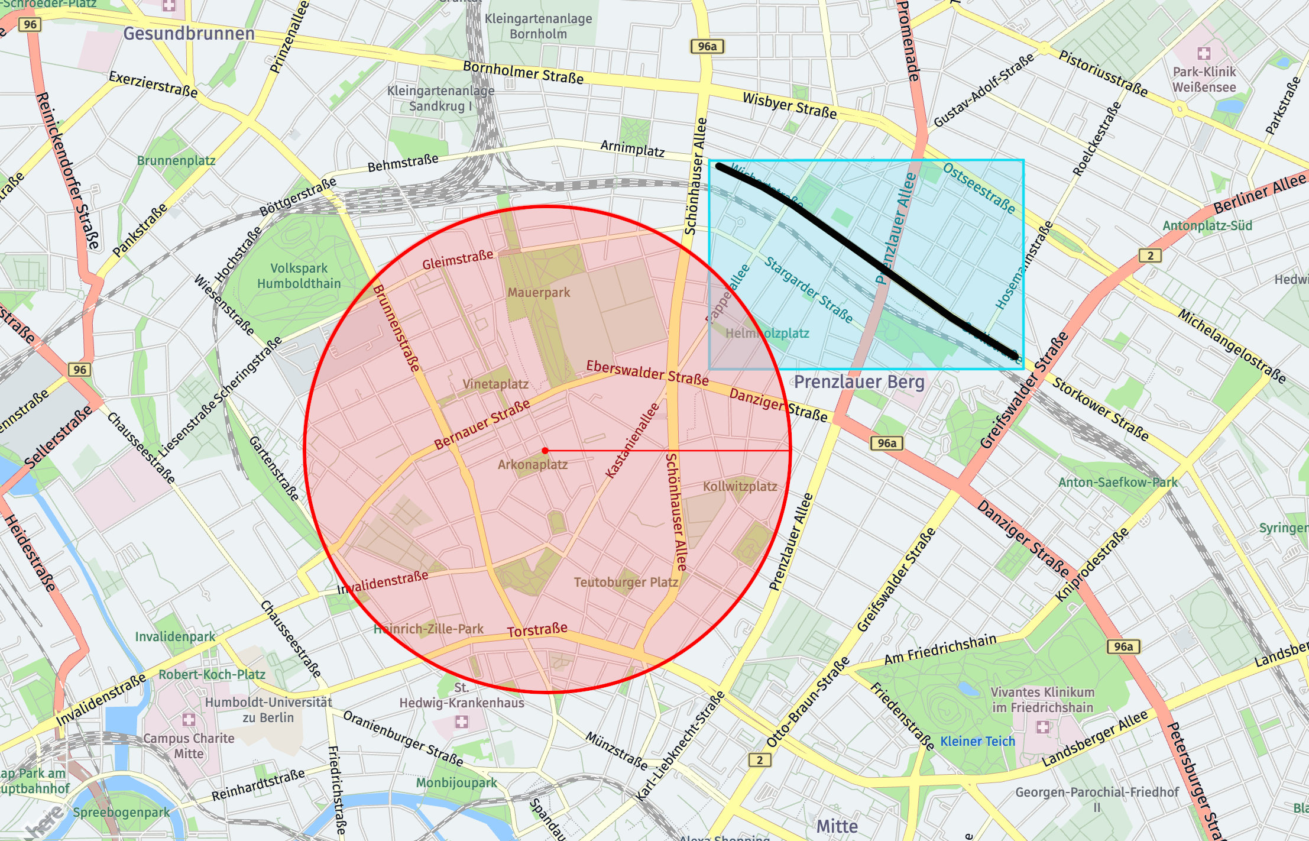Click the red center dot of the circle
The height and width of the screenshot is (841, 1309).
tap(545, 451)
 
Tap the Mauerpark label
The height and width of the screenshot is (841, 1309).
tap(539, 292)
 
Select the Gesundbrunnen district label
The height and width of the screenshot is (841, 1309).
tap(189, 34)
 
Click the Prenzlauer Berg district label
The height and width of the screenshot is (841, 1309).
tap(859, 382)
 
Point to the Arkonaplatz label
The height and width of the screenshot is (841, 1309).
tap(532, 465)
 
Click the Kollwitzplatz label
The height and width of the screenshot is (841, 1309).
tap(740, 487)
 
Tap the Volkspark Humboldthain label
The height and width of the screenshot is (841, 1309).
tap(299, 276)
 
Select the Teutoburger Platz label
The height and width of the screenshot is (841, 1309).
tap(626, 583)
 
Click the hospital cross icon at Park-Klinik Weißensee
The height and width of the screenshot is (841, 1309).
tap(1203, 54)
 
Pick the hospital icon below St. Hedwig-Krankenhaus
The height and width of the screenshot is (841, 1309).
tap(461, 722)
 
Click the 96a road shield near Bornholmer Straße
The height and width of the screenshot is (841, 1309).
tap(707, 46)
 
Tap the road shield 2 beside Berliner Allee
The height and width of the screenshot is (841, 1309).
tap(1149, 255)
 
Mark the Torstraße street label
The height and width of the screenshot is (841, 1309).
tap(537, 630)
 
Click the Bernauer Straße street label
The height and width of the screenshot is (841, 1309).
tap(482, 425)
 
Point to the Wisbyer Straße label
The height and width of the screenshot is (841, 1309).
tap(789, 105)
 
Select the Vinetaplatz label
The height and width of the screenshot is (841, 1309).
tap(495, 384)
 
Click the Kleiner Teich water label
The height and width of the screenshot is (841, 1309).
tap(977, 742)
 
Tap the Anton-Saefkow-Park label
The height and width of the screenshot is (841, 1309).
tap(1117, 483)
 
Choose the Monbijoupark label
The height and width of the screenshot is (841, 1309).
tap(456, 783)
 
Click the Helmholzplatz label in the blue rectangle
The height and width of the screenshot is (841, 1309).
tap(767, 334)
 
